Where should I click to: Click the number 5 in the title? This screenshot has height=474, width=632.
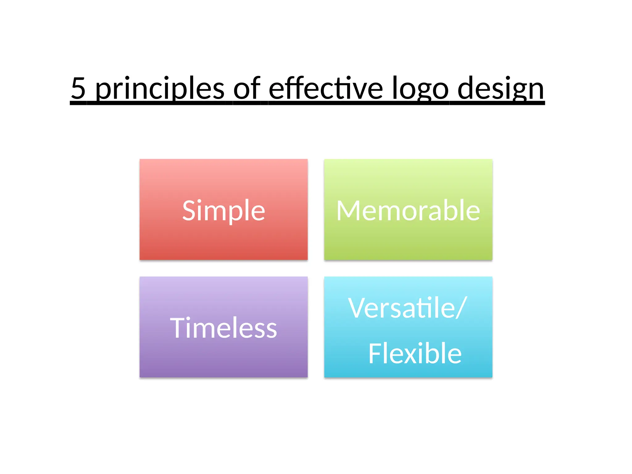pyautogui.click(x=78, y=88)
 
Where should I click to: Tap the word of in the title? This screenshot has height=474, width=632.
pyautogui.click(x=247, y=88)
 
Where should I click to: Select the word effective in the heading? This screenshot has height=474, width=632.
pyautogui.click(x=326, y=88)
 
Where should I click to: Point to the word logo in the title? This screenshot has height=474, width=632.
pyautogui.click(x=420, y=89)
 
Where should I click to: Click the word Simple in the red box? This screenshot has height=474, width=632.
pyautogui.click(x=223, y=211)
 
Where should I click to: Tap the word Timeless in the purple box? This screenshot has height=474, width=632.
pyautogui.click(x=223, y=328)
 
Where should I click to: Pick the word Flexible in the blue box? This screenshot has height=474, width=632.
pyautogui.click(x=415, y=354)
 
